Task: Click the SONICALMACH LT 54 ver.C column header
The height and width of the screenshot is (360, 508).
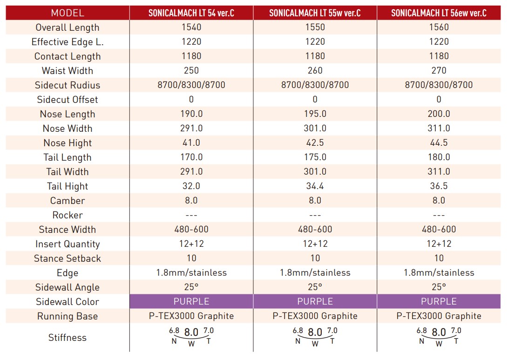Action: pos(191,13)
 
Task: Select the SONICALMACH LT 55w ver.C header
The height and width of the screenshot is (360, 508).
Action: pos(315,13)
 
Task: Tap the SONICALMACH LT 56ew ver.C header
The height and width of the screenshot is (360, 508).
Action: pos(439,13)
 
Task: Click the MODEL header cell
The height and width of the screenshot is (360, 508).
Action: pos(68,13)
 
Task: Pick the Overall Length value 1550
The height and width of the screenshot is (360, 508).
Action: pos(315,27)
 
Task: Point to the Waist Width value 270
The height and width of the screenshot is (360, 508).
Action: pos(439,70)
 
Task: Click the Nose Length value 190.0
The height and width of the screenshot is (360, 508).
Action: pos(191,114)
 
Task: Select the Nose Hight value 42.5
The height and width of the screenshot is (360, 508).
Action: pos(315,143)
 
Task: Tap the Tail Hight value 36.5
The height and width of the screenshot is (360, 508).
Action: pos(439,186)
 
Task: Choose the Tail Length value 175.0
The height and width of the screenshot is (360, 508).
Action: pos(315,157)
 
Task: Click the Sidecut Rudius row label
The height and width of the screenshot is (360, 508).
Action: pos(68,85)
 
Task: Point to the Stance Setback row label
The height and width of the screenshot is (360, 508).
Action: pos(68,258)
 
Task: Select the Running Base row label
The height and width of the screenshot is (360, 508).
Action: pos(68,316)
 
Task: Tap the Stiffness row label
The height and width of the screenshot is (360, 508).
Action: pos(68,338)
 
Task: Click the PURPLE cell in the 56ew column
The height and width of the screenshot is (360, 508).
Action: pos(439,301)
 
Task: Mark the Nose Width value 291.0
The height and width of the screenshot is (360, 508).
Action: pos(191,128)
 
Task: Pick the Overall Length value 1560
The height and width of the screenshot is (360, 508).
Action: pos(439,27)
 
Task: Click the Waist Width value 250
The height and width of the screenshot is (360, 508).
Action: pos(191,70)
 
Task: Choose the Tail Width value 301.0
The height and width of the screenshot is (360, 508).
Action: pos(315,171)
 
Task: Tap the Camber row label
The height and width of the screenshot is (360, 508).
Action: pos(68,201)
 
